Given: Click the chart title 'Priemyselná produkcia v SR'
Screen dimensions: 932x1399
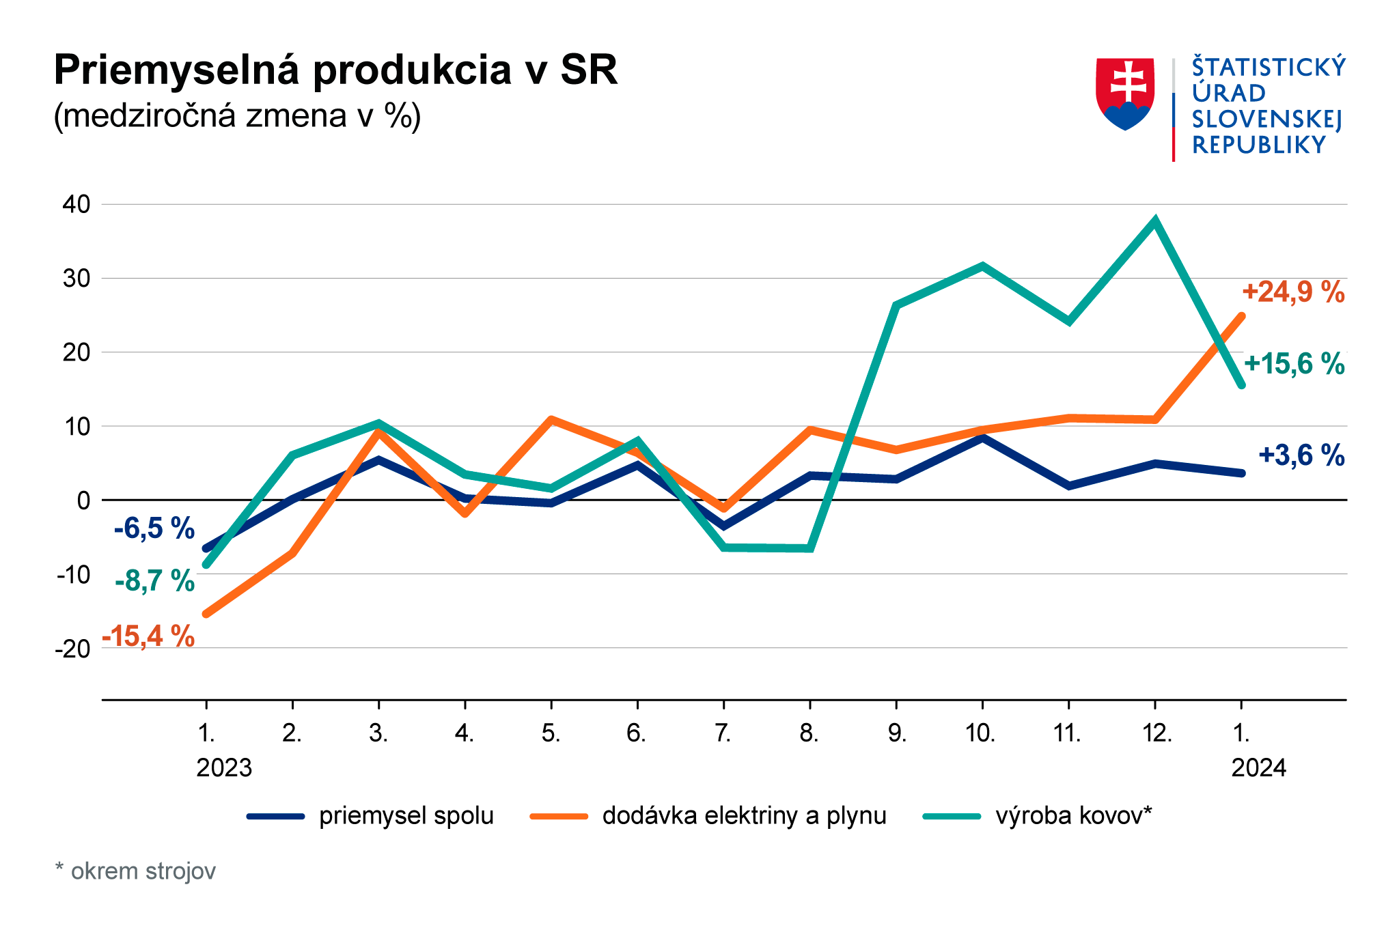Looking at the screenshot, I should coord(335,70).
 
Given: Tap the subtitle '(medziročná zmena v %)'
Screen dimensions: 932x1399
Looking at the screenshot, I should coord(237,116).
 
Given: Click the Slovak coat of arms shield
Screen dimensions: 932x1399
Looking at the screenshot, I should coord(1125,93).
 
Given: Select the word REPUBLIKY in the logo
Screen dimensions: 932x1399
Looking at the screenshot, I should coord(1258,145).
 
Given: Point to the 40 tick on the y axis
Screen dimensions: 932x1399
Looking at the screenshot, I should coord(75,204).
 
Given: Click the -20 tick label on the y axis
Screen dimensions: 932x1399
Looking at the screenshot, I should coord(72,649).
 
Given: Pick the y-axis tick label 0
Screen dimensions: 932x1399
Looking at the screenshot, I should coord(83,500).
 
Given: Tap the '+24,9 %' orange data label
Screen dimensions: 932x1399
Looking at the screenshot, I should coord(1293,292).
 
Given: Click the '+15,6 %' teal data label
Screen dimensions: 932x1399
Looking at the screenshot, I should coord(1294,365).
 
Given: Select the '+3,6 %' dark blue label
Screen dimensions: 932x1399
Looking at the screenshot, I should coord(1301,455).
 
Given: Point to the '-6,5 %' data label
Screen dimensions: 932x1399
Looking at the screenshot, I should coord(154,529).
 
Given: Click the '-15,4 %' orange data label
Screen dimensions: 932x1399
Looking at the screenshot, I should coord(148,636).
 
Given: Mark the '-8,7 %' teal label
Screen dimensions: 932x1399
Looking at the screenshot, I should coord(154,582).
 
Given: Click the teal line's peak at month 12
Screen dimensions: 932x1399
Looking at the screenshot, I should coord(1154,221).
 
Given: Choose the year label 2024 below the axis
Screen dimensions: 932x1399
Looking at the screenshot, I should coord(1258,769).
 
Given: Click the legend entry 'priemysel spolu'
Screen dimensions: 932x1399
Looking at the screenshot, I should coord(406,816).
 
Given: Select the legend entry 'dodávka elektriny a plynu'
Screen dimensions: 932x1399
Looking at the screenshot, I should coord(744,816).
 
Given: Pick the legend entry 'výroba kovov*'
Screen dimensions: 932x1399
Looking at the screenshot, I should coord(1073,816).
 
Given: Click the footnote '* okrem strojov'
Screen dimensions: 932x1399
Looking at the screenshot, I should coord(135,872).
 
